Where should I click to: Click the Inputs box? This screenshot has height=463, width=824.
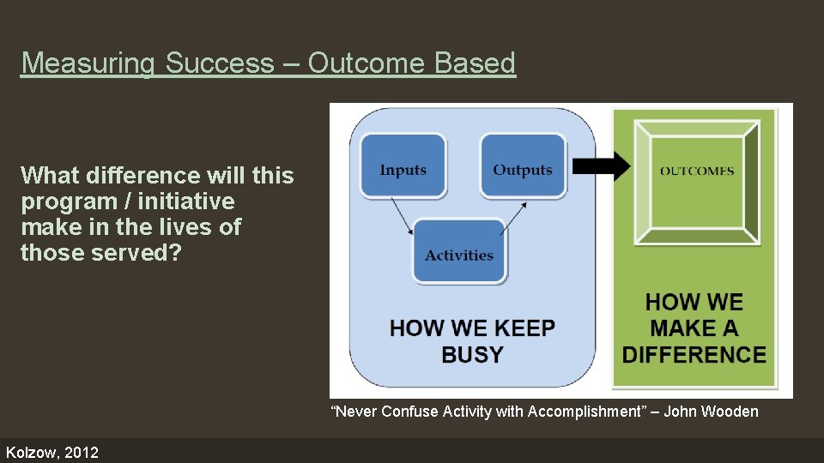(x=403, y=169)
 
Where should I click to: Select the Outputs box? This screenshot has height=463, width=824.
(x=522, y=169)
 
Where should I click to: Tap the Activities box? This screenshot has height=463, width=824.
(x=459, y=254)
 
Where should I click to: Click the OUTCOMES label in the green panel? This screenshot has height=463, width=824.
(x=697, y=171)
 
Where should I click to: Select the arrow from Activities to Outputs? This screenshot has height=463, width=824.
(x=512, y=218)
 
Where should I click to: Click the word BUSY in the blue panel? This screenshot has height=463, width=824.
(x=472, y=355)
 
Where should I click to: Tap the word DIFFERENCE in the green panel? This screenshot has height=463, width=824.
(x=694, y=355)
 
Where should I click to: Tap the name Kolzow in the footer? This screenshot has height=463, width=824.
(x=30, y=452)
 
